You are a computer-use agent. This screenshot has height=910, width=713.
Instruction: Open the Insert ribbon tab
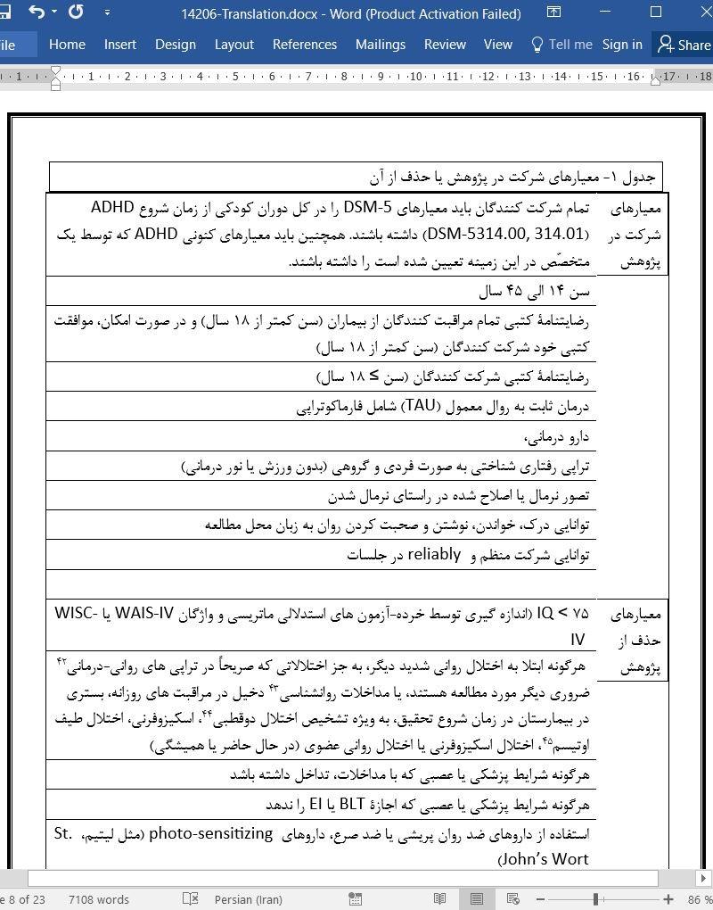coord(120,45)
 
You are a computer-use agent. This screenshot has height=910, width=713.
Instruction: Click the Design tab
coord(176,45)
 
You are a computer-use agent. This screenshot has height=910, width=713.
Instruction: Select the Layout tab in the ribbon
coord(234,45)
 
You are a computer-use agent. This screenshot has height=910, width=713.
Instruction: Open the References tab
coord(305,45)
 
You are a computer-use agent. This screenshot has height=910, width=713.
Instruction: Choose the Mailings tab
coord(381,45)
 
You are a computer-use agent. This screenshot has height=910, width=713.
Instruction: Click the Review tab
coord(445,45)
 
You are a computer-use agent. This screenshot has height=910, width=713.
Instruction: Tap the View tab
coord(498,45)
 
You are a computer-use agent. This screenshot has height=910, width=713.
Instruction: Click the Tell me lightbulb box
coord(561,45)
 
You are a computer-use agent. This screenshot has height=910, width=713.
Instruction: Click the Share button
coord(684,45)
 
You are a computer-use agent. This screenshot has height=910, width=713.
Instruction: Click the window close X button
coord(695,12)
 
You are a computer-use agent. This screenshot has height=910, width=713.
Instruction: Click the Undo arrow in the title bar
coord(37,12)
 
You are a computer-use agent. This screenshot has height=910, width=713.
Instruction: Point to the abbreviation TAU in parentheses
coord(412,406)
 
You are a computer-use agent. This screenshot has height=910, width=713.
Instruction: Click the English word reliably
coord(434,554)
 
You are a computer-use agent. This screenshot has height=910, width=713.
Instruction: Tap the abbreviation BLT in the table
coord(340,805)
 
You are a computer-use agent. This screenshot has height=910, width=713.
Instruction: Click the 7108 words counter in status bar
coord(99,899)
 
